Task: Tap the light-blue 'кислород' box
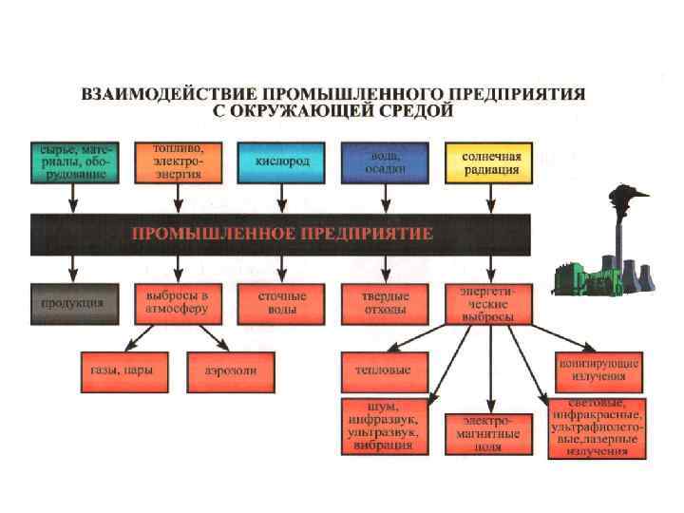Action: (x=280, y=161)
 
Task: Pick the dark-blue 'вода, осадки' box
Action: (x=386, y=161)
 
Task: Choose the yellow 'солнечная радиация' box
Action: (x=490, y=161)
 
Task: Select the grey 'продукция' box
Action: (x=71, y=302)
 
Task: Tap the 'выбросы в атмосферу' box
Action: (x=176, y=302)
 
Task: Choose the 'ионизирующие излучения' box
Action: (x=598, y=367)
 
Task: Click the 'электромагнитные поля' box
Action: (x=489, y=433)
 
